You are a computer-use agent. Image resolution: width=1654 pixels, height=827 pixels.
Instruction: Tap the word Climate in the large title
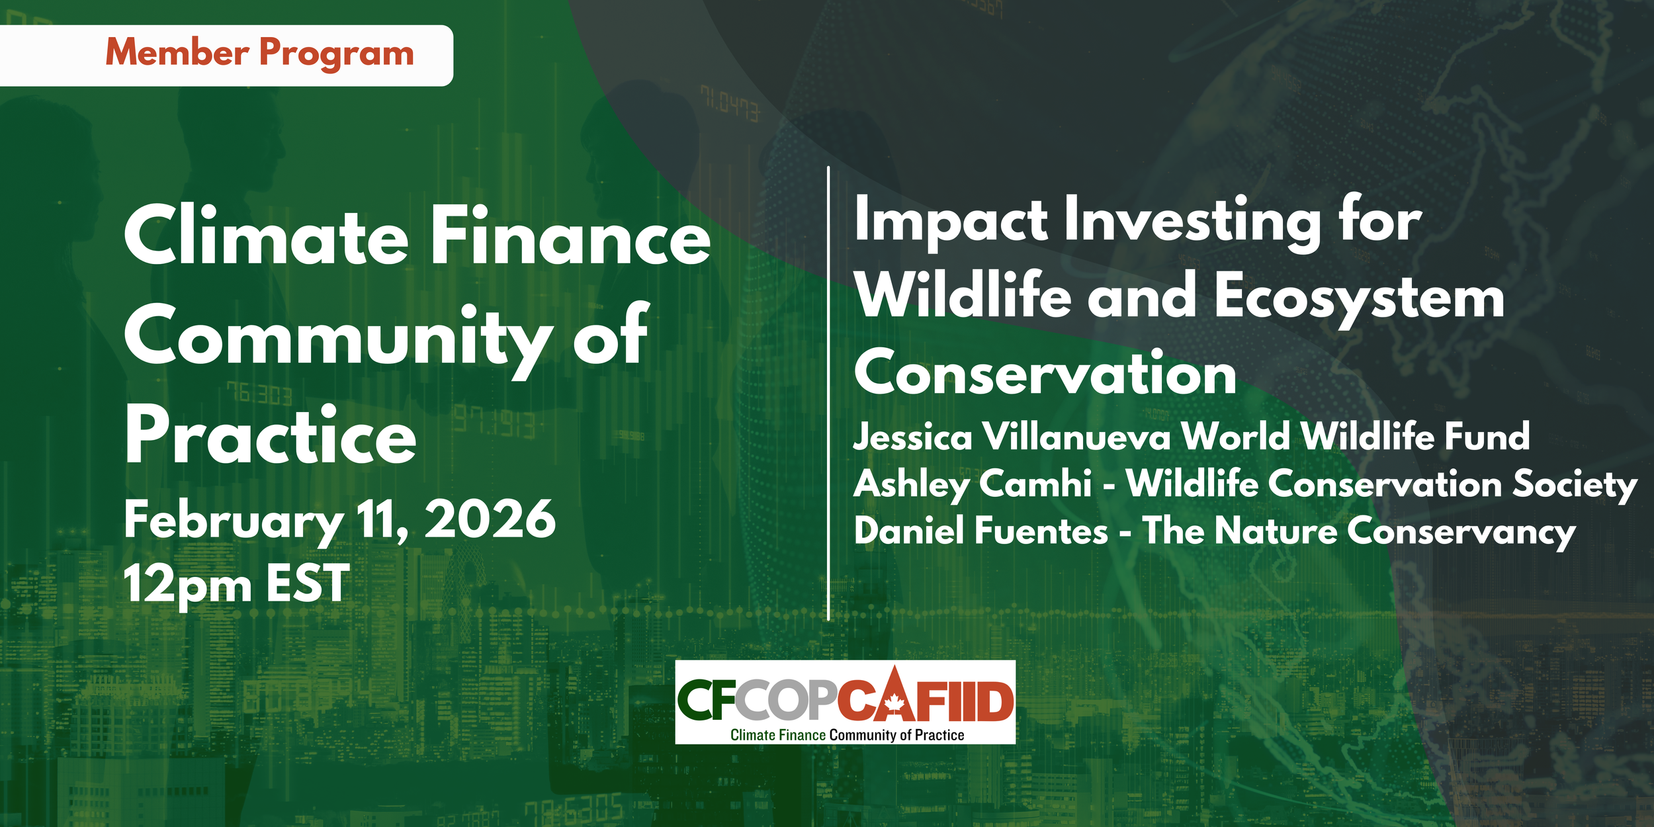[x=267, y=236]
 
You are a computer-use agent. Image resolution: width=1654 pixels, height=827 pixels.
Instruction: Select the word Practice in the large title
[x=271, y=435]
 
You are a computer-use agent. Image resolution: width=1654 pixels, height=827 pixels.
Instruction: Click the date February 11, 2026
[x=339, y=521]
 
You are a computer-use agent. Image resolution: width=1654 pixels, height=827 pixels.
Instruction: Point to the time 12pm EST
[x=236, y=584]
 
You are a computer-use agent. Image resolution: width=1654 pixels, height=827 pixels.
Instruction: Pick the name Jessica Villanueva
[x=1012, y=437]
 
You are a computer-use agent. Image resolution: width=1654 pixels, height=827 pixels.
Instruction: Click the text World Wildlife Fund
[x=1356, y=437]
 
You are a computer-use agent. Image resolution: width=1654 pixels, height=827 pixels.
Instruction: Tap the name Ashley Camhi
[x=973, y=484]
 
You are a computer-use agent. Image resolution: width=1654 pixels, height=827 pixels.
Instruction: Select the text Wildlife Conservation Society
[x=1381, y=484]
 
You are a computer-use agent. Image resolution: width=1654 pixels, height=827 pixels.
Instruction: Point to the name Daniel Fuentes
[x=980, y=531]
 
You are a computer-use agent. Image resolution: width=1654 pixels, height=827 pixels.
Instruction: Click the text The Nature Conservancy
[x=1359, y=531]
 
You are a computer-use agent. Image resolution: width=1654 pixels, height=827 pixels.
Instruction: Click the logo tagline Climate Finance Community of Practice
[x=847, y=735]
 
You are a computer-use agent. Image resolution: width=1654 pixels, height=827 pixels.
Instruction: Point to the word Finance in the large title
[x=571, y=236]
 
